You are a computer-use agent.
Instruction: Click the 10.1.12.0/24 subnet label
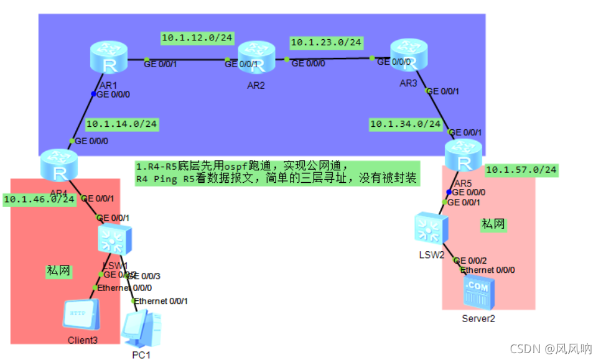coord(197,38)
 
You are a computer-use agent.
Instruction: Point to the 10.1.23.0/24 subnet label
coord(326,42)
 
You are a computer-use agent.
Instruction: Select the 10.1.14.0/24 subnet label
coord(121,124)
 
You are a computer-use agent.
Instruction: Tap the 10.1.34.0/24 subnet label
coord(405,124)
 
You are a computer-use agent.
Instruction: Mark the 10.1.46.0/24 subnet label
coord(39,200)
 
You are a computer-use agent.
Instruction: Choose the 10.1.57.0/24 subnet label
coord(521,169)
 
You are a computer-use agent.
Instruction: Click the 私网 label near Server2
coord(493,224)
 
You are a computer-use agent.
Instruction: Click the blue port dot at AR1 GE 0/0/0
coord(94,95)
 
